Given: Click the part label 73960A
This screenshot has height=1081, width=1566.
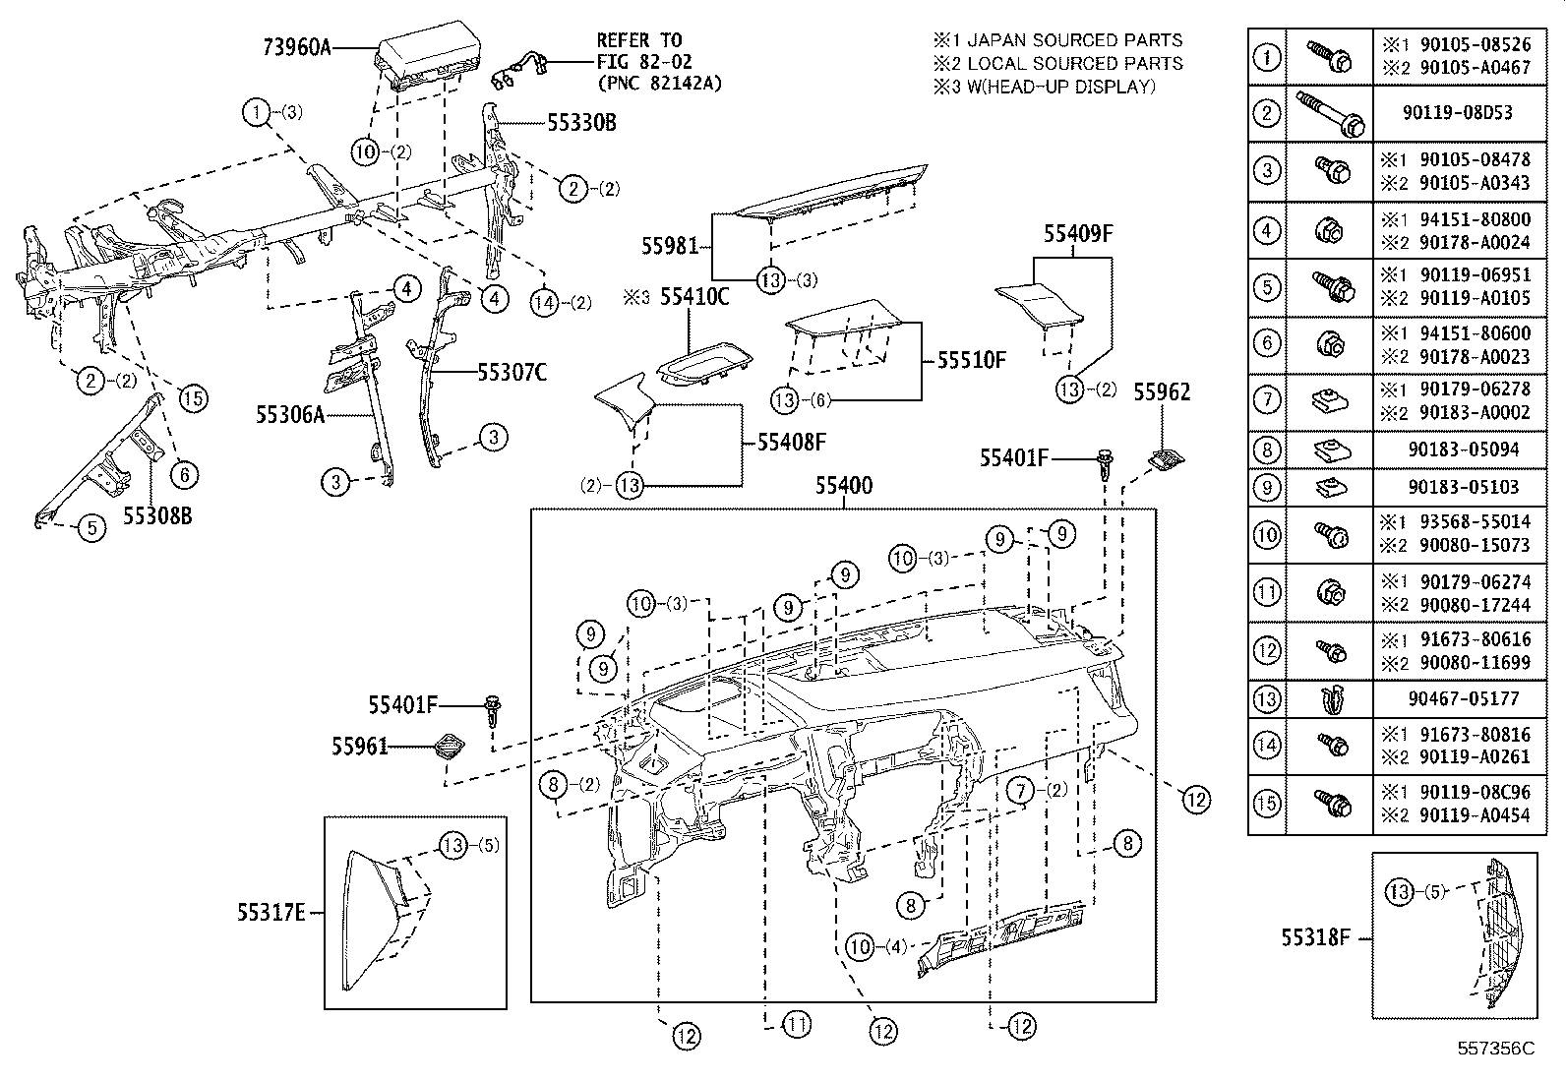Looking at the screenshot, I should [x=297, y=47].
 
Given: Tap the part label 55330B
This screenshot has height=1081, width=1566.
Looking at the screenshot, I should [x=581, y=123].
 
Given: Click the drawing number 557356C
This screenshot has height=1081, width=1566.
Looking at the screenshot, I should [x=1496, y=1049].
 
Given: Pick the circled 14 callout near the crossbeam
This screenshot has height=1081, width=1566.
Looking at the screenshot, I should [x=545, y=302].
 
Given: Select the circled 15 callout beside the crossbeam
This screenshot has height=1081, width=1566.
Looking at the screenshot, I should [x=193, y=397].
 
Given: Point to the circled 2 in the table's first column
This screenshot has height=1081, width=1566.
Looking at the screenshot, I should [x=1267, y=113].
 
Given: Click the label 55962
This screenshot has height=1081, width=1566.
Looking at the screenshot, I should [x=1162, y=392].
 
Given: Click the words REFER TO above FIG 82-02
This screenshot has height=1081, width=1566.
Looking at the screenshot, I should [x=638, y=40].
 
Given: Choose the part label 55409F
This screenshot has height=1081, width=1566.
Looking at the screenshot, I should [x=1078, y=233].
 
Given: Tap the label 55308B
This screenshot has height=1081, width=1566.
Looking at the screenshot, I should [x=157, y=515].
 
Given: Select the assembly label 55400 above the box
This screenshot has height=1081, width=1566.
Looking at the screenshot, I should [x=844, y=486].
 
